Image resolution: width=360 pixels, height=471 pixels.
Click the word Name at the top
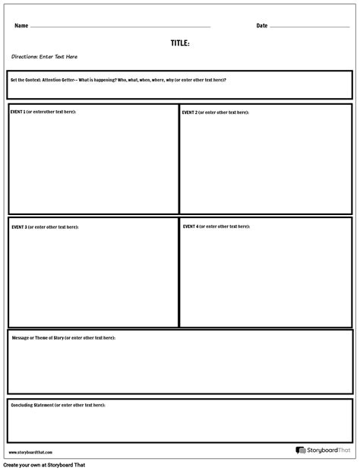pyautogui.click(x=21, y=26)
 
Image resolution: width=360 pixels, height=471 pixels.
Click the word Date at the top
pyautogui.click(x=262, y=26)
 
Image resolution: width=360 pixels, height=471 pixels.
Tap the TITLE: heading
pyautogui.click(x=180, y=43)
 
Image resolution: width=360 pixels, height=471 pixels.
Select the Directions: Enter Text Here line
pyautogui.click(x=44, y=57)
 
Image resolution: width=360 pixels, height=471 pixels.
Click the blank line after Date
pyautogui.click(x=309, y=27)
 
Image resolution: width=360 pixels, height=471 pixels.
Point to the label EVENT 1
pyautogui.click(x=18, y=112)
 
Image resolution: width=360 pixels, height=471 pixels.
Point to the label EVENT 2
pyautogui.click(x=190, y=112)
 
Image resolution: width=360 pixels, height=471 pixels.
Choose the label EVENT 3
pyautogui.click(x=19, y=227)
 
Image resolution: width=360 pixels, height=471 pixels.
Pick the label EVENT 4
pyautogui.click(x=191, y=226)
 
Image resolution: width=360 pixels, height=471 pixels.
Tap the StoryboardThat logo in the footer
pyautogui.click(x=323, y=450)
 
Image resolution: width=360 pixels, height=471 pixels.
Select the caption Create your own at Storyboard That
pyautogui.click(x=44, y=465)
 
